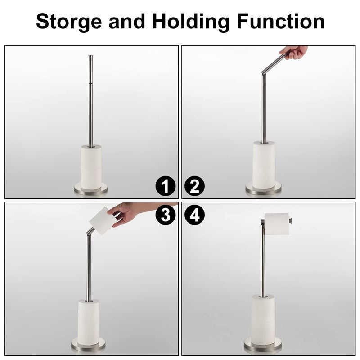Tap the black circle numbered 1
(166, 186)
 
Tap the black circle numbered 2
(194, 186)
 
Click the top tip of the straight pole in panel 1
(91, 56)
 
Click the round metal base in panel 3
(88, 347)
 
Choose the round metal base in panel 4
(263, 346)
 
